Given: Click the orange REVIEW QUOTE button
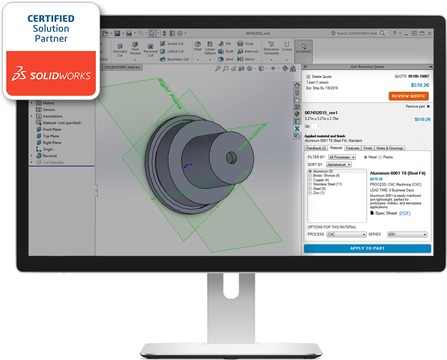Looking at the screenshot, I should coord(409,96).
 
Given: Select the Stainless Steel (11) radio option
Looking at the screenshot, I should coord(310,184).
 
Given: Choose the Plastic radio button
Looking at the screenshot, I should coord(380,157).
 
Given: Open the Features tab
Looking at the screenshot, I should coord(352,148).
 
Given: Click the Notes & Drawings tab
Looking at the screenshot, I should coord(390,148).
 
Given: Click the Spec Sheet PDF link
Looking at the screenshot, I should coord(405,213).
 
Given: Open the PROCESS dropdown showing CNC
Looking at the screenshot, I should coord(347,234).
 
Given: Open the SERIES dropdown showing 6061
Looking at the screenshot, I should coord(407,234).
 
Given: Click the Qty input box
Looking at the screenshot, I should coord(317,126).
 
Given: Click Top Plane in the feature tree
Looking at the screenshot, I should coord(51,136).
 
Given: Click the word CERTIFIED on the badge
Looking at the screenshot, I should coord(51,19).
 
